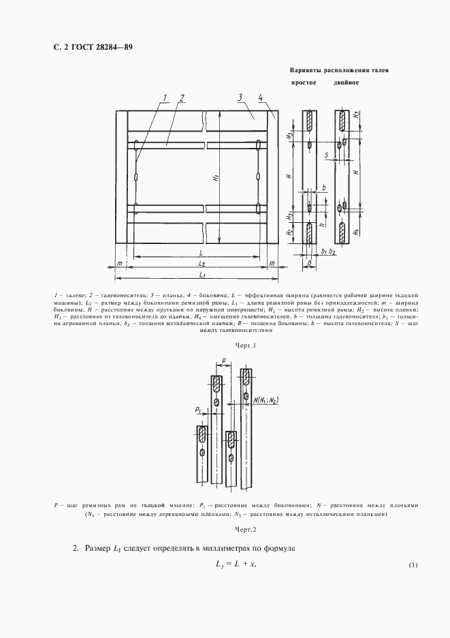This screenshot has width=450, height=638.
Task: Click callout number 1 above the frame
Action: coord(165,98)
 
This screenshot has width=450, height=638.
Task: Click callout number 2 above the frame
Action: coord(182,98)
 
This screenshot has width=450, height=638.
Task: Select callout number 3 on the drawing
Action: coord(241,98)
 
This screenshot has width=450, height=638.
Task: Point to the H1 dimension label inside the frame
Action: coord(214,179)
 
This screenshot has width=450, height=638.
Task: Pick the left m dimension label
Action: coord(120,262)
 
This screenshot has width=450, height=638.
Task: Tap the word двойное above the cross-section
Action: coord(347,83)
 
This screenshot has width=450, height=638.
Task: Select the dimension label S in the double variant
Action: coord(327,155)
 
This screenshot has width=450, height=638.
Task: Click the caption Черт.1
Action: coord(244,345)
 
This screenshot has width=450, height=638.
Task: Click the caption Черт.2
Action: coord(244,529)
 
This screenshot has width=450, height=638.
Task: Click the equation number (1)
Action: coord(413,566)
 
